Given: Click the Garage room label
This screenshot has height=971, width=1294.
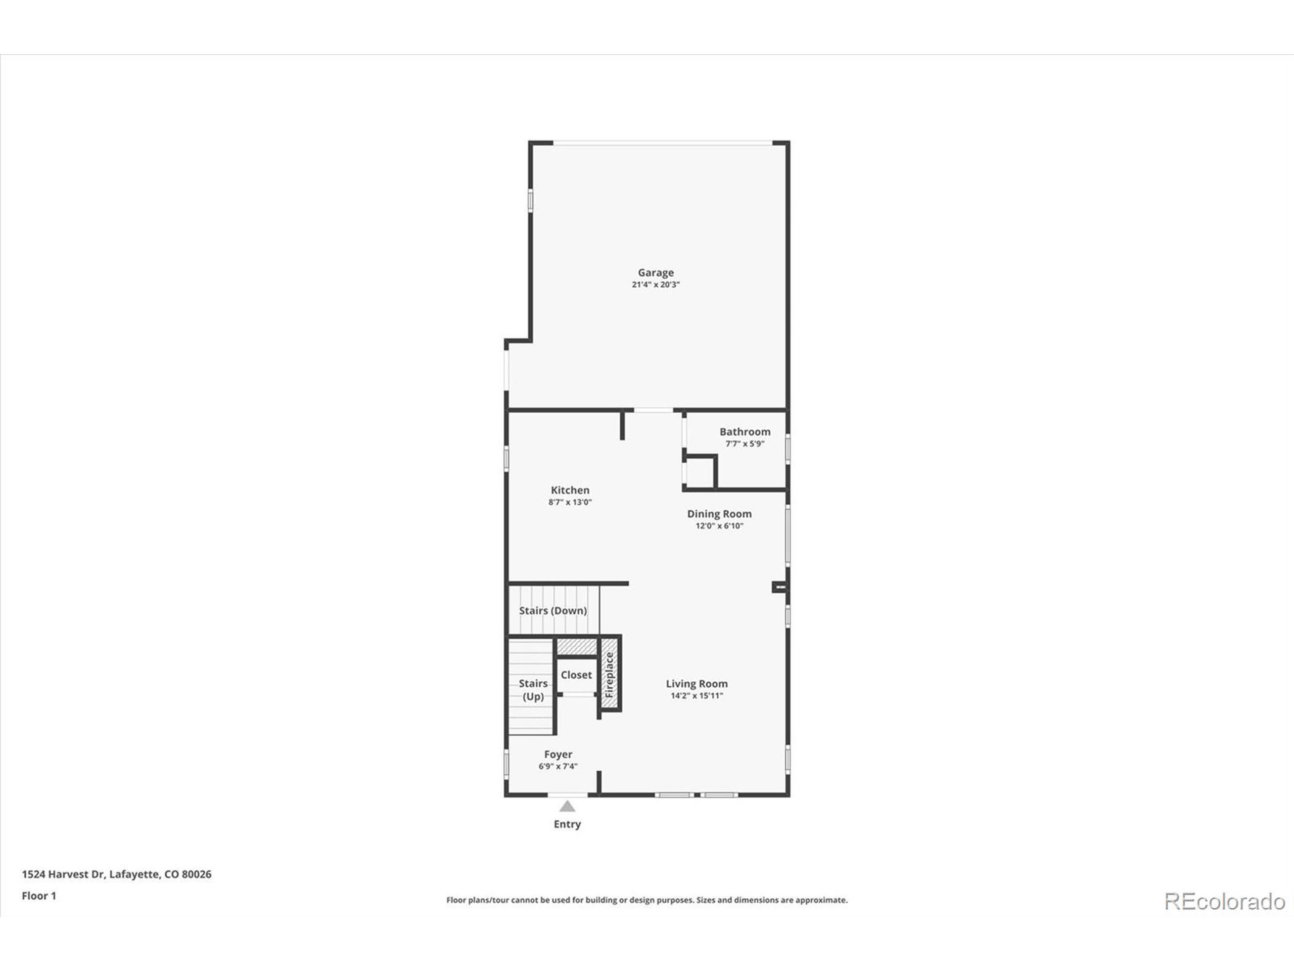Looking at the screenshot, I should coord(655,273).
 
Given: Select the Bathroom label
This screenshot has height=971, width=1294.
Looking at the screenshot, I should coord(745,431).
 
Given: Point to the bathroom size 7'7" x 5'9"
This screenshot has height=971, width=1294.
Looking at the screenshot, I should coord(745,444).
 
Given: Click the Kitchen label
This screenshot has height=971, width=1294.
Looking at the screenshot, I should coord(570,490).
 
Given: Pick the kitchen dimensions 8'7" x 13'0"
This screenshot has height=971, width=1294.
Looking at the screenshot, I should coord(570,502).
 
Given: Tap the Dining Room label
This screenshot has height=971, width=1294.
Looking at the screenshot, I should coord(719,514).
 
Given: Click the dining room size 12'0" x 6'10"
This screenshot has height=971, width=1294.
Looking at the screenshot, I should coord(719,526).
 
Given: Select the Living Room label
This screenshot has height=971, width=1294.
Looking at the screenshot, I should coord(697,684).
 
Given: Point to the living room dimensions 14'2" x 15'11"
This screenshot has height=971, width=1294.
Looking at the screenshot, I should coord(697,696).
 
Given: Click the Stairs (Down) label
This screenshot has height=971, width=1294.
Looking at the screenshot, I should coord(553,610).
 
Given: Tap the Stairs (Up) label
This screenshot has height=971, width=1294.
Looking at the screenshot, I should coord(533,690).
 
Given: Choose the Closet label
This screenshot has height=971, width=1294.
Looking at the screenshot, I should coord(576,675).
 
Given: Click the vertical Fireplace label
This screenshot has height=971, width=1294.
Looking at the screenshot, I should coord(609,675).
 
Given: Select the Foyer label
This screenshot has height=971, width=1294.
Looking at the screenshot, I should coord(558,755).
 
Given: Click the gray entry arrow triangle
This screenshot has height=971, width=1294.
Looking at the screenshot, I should coord(567,807).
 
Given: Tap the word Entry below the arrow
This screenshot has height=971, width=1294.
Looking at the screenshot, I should coord(567,824).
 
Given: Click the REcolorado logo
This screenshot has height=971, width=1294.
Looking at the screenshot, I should coord(1224,901).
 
